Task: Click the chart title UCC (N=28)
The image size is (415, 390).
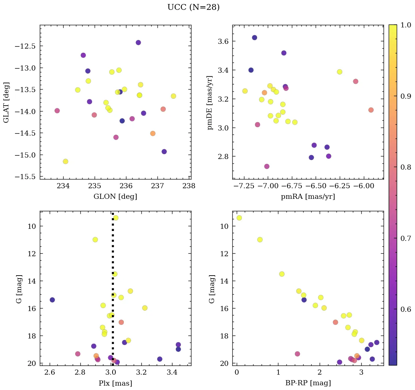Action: (x=193, y=7)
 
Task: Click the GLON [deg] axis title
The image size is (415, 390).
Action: (x=115, y=197)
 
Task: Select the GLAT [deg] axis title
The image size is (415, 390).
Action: (x=6, y=102)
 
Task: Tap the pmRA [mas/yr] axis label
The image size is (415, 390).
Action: (x=308, y=197)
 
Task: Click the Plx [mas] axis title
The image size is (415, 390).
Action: (x=115, y=383)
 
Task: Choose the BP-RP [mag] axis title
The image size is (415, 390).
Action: (x=308, y=383)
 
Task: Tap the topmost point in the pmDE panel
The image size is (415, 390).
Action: (x=255, y=38)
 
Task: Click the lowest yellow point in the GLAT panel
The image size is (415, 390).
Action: (x=65, y=162)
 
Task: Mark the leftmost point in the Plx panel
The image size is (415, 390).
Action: (x=52, y=300)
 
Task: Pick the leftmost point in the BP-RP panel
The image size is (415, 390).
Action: (x=239, y=218)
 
